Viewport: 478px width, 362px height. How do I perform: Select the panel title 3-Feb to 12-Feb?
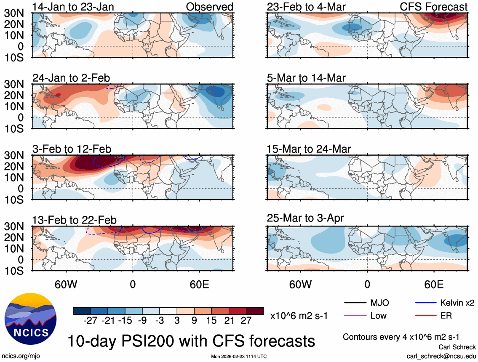pyautogui.click(x=72, y=149)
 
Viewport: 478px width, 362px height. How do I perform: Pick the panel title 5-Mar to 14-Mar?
pyautogui.click(x=306, y=78)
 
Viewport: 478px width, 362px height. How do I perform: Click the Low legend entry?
pyautogui.click(x=378, y=315)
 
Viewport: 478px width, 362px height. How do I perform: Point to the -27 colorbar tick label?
pyautogui.click(x=91, y=321)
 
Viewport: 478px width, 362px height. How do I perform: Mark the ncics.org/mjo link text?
pyautogui.click(x=19, y=356)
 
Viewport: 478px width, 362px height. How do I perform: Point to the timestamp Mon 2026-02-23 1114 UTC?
pyautogui.click(x=239, y=357)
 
